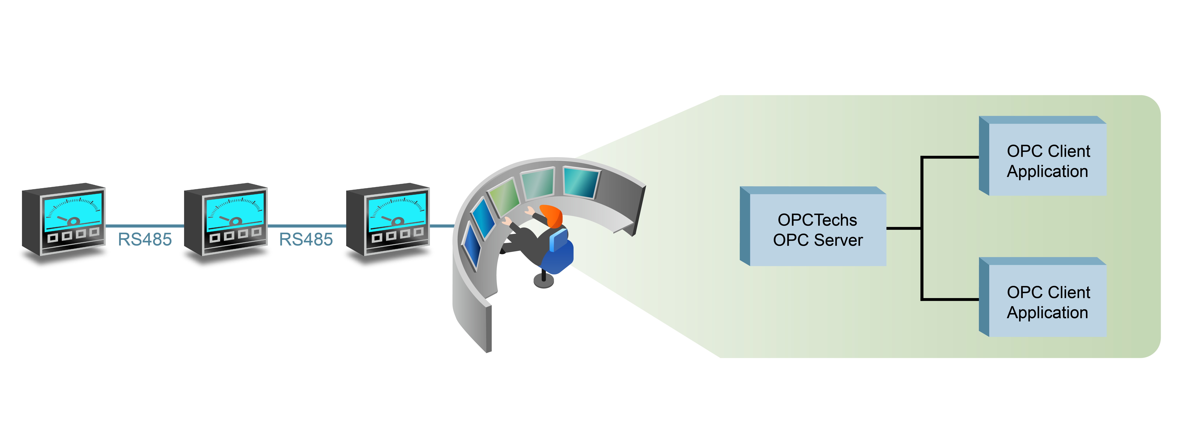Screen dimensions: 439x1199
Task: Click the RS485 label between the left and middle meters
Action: coord(145,239)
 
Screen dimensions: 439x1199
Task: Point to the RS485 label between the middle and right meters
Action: coord(306,239)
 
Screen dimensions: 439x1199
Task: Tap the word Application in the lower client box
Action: coord(1047,312)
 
